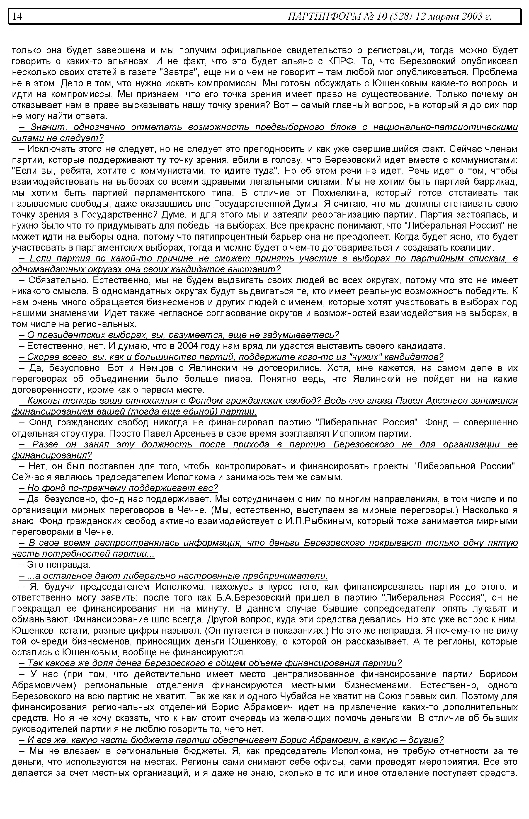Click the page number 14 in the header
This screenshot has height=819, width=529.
click(x=17, y=16)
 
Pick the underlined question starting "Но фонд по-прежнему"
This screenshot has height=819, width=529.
click(x=119, y=488)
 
